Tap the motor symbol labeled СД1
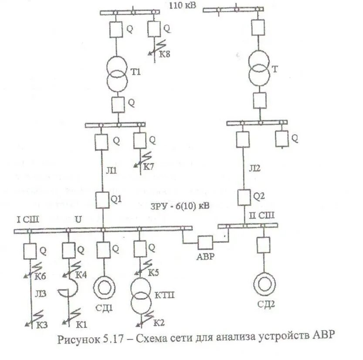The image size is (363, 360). point(104,288)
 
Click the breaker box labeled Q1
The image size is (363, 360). point(103,200)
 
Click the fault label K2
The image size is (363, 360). point(159,323)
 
